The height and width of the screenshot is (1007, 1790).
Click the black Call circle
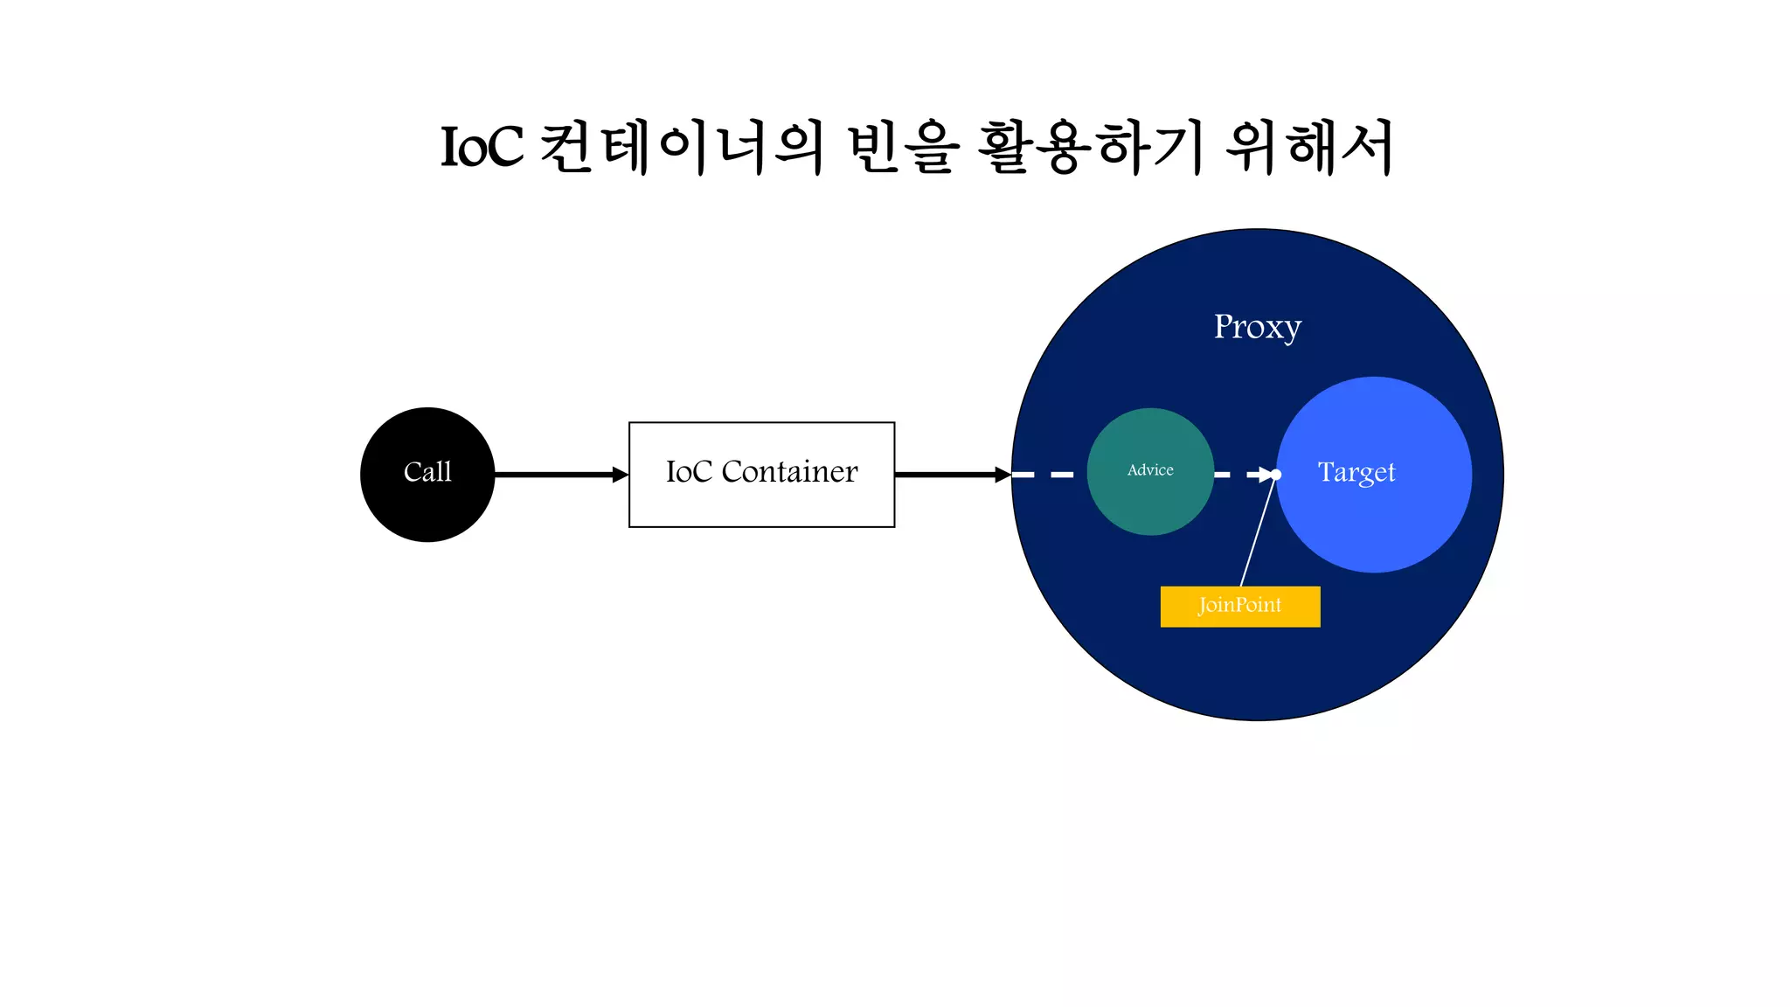coord(427,474)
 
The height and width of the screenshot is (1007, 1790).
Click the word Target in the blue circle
coord(1356,472)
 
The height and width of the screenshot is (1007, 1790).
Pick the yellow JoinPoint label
coord(1239,606)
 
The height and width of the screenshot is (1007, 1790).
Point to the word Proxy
coord(1257,327)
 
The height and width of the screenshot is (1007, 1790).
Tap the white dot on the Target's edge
coord(1276,475)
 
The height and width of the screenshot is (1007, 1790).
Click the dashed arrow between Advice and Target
coord(1241,475)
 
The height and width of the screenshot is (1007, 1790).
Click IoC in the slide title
coord(482,147)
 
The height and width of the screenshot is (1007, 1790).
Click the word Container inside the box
coord(789,472)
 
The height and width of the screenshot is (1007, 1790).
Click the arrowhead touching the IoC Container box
coord(621,475)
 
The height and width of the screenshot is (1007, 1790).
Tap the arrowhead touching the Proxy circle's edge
coord(1003,475)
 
